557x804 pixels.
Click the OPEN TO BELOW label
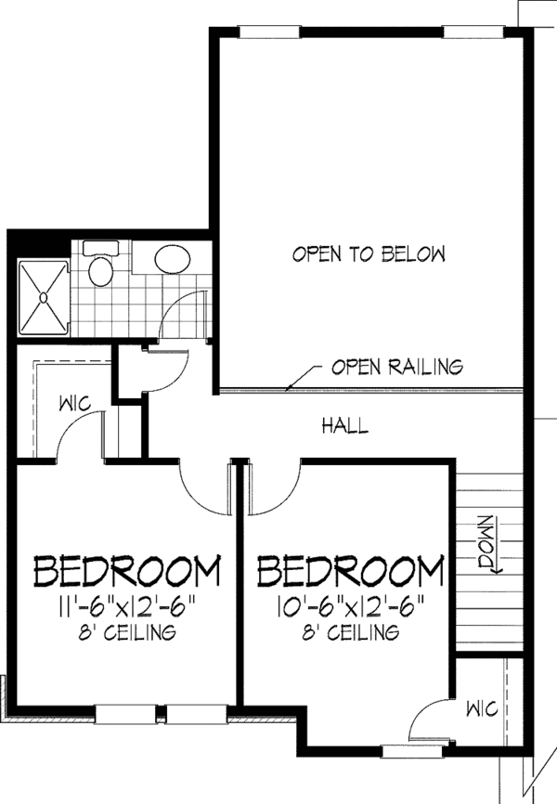pos(369,253)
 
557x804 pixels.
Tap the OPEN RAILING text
pos(396,367)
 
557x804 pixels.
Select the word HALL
pos(344,426)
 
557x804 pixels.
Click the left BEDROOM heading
pos(128,569)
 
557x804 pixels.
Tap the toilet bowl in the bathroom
pos(99,272)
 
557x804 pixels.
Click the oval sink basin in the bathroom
pos(169,258)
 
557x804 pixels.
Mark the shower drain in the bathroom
pos(43,297)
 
